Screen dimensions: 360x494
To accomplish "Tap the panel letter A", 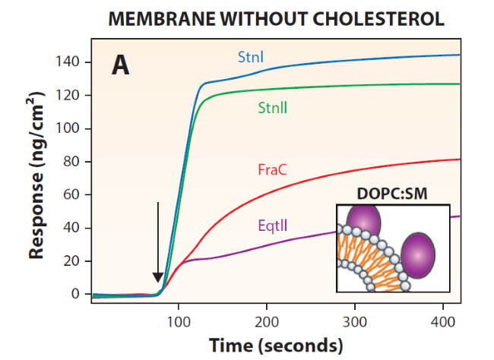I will pos(120,65).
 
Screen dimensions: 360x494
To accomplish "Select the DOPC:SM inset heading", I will pos(392,194).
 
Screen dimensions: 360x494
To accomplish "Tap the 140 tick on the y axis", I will pos(68,62).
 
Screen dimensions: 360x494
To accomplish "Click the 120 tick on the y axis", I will pos(68,95).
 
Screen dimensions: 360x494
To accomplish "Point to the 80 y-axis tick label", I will pos(71,161).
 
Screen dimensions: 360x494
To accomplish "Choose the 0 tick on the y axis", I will pos(75,294).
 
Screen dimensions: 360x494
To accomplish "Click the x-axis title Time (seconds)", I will pos(276,346).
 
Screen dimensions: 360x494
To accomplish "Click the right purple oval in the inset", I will pos(417,254).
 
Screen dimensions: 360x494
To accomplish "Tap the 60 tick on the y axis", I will pos(71,194).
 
